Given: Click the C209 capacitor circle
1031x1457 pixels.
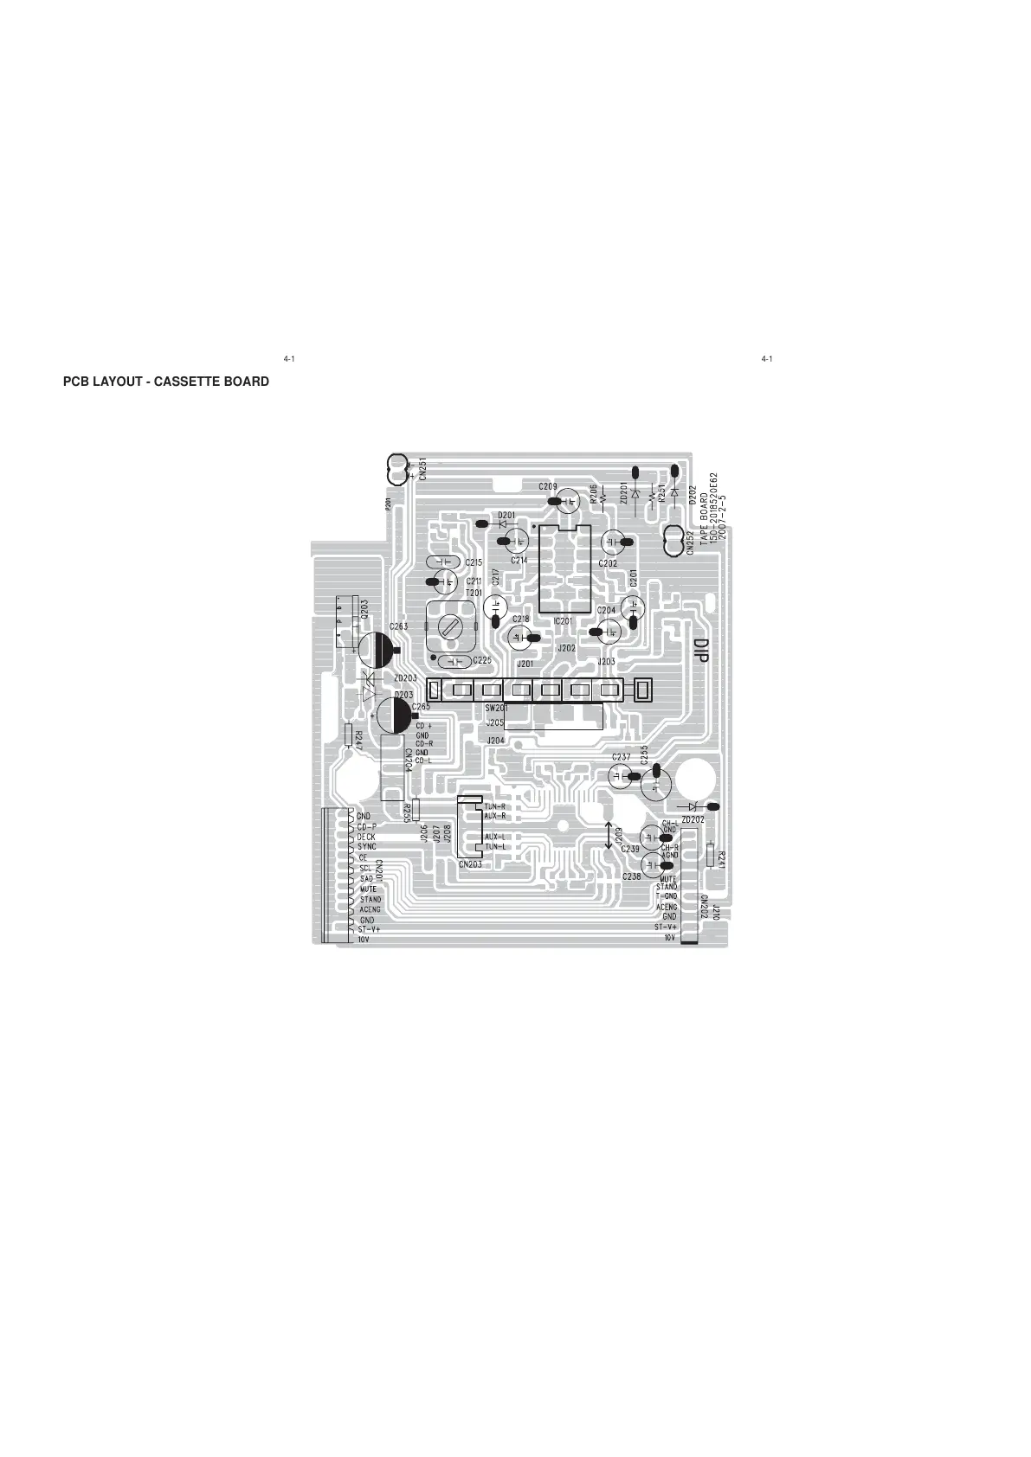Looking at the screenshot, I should (569, 500).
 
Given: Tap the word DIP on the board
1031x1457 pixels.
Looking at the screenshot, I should (700, 651).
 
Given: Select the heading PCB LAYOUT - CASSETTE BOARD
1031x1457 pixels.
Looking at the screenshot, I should (165, 382).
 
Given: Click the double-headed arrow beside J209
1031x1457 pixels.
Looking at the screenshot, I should (608, 835).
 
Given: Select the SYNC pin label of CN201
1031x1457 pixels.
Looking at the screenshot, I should (367, 847).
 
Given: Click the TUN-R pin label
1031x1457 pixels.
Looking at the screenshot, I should (495, 806).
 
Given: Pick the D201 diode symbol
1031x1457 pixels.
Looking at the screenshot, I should (502, 523).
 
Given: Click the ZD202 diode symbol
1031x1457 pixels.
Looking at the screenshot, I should (693, 807).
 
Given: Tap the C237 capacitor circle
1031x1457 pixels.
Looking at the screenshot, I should (620, 775).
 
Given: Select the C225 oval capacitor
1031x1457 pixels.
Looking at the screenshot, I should (454, 662).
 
